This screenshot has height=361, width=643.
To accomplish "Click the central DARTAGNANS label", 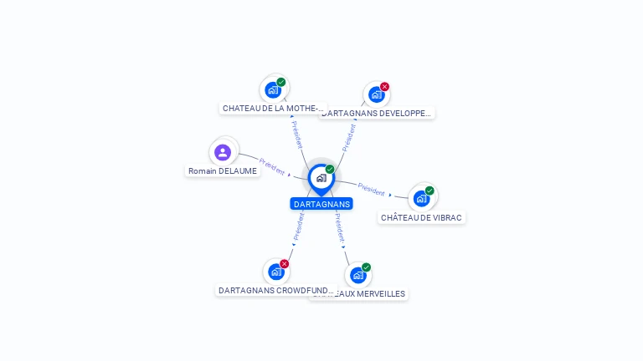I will point(321,204).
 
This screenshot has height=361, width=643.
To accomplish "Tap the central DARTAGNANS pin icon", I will point(321,178).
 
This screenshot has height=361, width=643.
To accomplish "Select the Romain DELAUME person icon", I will point(223,152).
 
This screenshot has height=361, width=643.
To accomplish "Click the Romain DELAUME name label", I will point(223,171).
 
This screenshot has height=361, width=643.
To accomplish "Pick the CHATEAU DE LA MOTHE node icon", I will point(273,90).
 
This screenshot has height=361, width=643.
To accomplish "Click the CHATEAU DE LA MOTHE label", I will point(272,109).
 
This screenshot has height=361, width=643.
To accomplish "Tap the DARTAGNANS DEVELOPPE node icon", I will point(376,94).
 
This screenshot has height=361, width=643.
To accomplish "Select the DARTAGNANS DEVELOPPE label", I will point(378,113).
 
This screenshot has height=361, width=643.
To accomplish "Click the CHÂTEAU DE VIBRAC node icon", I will point(421,198).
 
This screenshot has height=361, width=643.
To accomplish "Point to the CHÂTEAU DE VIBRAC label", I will point(421,217).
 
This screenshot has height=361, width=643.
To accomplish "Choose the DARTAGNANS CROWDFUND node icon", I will point(275,272).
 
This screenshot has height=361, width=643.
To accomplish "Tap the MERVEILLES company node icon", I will point(358,275).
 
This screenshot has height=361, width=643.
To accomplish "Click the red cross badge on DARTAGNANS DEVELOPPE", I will point(384,87).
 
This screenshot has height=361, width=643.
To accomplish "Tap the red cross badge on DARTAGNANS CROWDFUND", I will point(285,264).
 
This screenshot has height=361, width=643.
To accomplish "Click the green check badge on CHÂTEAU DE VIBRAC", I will point(430,191).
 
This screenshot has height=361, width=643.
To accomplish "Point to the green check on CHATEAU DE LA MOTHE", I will point(281,82).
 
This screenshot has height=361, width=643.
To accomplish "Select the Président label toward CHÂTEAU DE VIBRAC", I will point(371,189).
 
